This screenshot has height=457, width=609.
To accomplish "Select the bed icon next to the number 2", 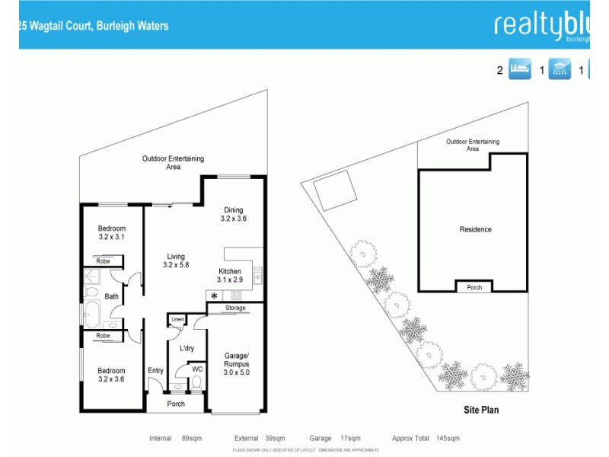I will pyautogui.click(x=519, y=70).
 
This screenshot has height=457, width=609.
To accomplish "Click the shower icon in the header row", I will pyautogui.click(x=561, y=70).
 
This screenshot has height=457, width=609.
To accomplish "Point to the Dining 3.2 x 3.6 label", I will pyautogui.click(x=234, y=215).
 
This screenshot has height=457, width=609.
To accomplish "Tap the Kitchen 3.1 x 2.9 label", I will pyautogui.click(x=230, y=276).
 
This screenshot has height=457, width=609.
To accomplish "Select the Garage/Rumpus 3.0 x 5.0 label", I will pyautogui.click(x=236, y=360).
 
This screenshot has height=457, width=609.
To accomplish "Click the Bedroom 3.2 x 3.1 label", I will pyautogui.click(x=111, y=233).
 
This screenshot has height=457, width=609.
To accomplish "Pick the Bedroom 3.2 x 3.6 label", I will pyautogui.click(x=111, y=375).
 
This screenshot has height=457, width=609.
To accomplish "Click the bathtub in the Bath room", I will pyautogui.click(x=91, y=314).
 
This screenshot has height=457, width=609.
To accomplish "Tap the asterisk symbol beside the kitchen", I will pyautogui.click(x=215, y=296).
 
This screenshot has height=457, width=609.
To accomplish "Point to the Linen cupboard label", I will pyautogui.click(x=177, y=319).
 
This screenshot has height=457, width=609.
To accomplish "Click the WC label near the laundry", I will pyautogui.click(x=197, y=369).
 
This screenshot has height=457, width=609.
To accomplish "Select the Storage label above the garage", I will pyautogui.click(x=235, y=308).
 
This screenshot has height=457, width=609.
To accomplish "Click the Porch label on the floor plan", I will pyautogui.click(x=176, y=404).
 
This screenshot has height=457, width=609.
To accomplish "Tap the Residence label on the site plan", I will pyautogui.click(x=475, y=229).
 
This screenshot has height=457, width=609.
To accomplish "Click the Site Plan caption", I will pyautogui.click(x=481, y=410).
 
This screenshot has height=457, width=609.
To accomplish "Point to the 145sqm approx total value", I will pyautogui.click(x=448, y=439).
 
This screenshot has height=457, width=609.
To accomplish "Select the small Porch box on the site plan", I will pyautogui.click(x=473, y=287).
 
